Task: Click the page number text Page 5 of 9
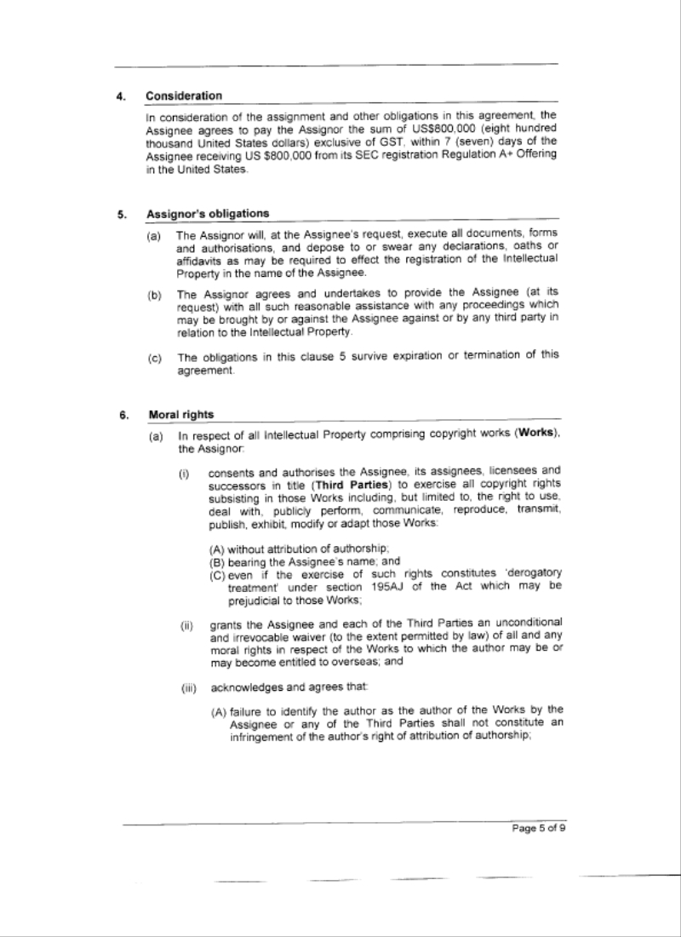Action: [x=539, y=832]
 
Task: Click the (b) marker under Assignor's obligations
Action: [x=154, y=296]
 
